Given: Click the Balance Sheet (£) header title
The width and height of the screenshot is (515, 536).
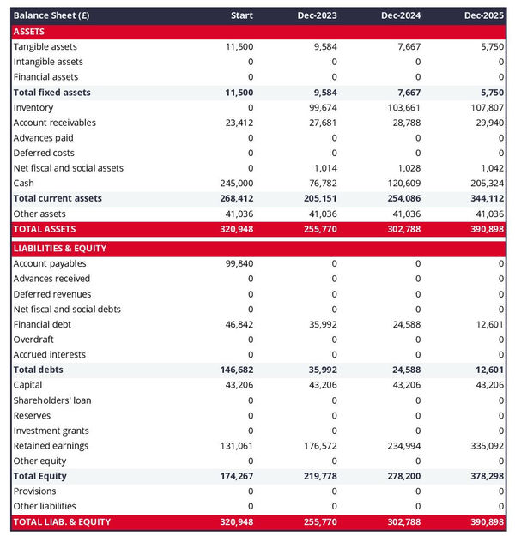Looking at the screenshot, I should coord(51,15).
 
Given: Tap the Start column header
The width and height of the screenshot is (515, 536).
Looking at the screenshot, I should coord(242,15).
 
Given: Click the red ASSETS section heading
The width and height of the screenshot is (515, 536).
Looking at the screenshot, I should coord(29,31).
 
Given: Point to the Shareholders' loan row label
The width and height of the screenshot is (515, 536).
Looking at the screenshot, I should coord(52,400).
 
